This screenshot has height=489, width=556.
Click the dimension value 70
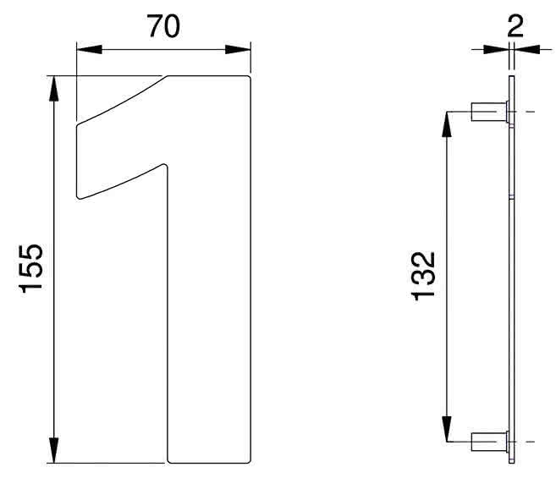pyautogui.click(x=164, y=26)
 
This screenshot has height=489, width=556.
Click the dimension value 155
pyautogui.click(x=31, y=269)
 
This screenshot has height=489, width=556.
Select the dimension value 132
pyautogui.click(x=423, y=275)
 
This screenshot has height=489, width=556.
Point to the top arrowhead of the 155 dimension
pyautogui.click(x=55, y=85)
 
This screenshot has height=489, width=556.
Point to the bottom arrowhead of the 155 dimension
pyautogui.click(x=55, y=453)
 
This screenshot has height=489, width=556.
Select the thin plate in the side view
pyautogui.click(x=511, y=271)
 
